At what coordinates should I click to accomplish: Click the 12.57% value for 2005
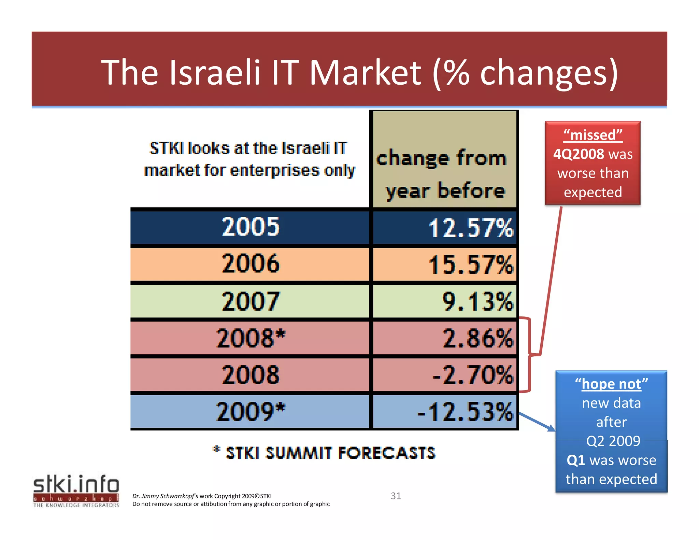[x=444, y=228]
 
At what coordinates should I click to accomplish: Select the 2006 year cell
[x=250, y=264]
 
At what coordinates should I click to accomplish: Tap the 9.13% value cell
[x=444, y=301]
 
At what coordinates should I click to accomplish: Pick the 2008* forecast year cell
[x=250, y=338]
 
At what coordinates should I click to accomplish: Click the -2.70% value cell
[x=444, y=375]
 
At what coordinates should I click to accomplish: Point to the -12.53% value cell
[x=444, y=412]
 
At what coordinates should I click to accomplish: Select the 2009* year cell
[x=250, y=412]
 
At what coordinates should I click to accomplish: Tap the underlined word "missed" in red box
[x=593, y=135]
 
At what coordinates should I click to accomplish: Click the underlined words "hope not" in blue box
[x=611, y=384]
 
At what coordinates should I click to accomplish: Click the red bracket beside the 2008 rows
[x=529, y=355]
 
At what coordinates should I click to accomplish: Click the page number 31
[x=396, y=496]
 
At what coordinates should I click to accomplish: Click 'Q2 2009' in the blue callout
[x=613, y=441]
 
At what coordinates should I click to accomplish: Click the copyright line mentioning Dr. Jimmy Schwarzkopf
[x=202, y=496]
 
